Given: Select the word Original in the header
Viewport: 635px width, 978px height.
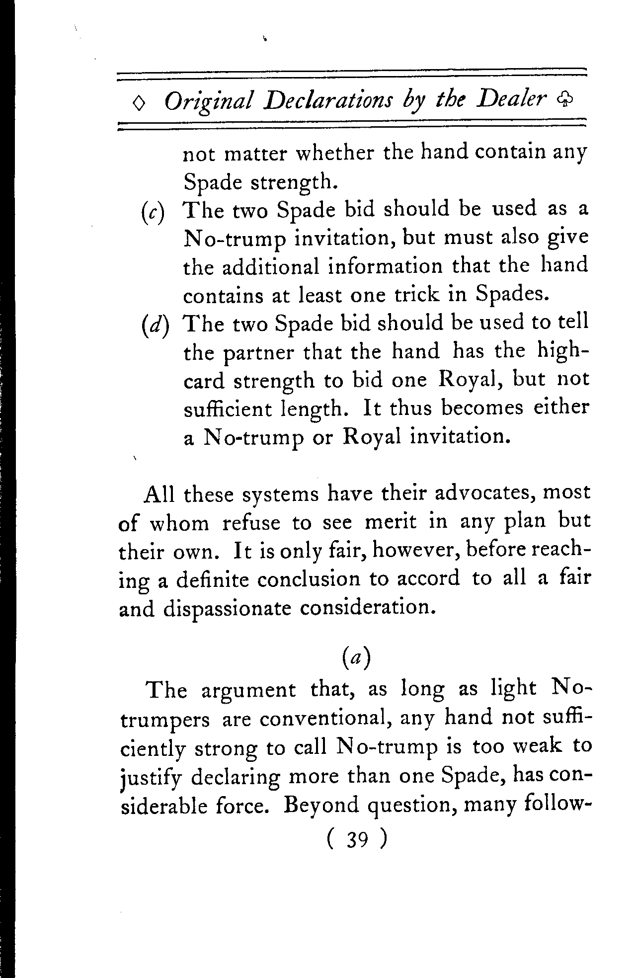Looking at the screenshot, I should point(209,103).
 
